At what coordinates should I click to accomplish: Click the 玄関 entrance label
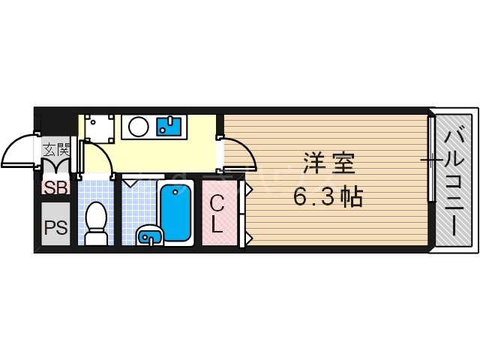click(x=56, y=148)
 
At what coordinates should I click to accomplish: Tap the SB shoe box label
click(x=55, y=187)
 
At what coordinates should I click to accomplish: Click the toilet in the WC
click(x=95, y=223)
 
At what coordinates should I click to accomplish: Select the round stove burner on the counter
click(x=139, y=125)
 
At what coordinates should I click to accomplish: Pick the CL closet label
click(x=217, y=213)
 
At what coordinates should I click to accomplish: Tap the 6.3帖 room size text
click(x=328, y=197)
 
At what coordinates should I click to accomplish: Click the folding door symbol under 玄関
click(x=56, y=166)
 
